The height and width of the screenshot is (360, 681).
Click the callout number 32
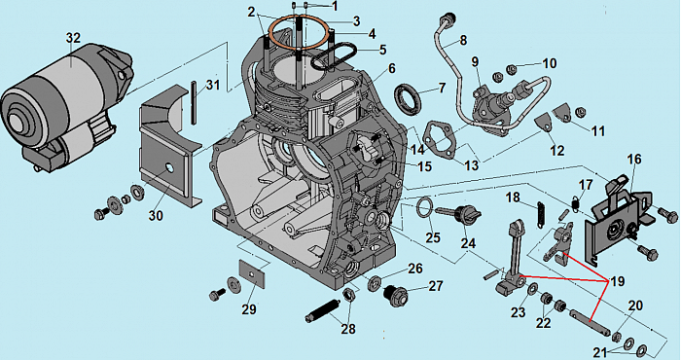[73, 38]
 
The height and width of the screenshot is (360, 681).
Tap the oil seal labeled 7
[408, 99]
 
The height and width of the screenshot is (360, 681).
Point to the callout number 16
[634, 160]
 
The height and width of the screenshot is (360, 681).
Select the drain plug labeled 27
[395, 295]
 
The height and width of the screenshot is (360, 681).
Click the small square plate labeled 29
[252, 271]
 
